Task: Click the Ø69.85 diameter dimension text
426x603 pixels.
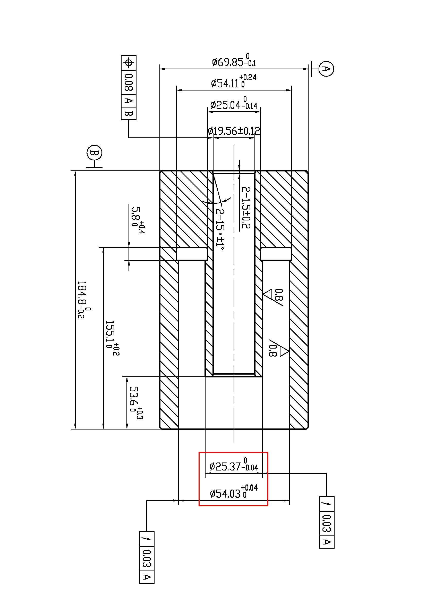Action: [233, 61]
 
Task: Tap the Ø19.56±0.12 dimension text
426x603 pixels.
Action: [234, 131]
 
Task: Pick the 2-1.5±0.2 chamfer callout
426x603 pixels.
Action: [246, 208]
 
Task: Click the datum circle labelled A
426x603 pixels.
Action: [326, 69]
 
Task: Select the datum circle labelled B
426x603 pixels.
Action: [95, 153]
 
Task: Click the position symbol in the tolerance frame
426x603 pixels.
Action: [129, 63]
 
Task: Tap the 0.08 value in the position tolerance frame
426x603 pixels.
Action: [129, 82]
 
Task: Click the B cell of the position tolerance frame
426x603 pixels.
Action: [129, 114]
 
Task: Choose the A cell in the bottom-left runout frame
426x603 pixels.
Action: [147, 577]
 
